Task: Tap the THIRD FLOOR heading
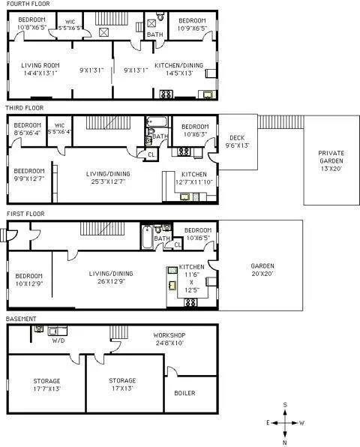[24, 108]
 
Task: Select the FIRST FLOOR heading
[24, 214]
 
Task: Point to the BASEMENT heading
[21, 319]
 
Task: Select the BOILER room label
[184, 392]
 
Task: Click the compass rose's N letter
[285, 442]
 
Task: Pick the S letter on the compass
[285, 405]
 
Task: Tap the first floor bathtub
[146, 238]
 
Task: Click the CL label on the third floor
[151, 154]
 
